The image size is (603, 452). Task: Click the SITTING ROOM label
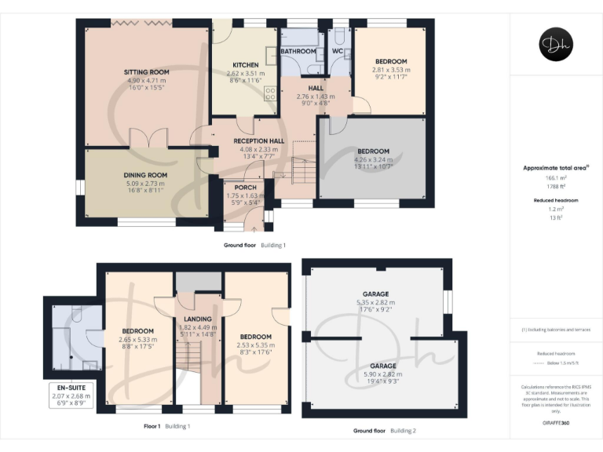click(147, 72)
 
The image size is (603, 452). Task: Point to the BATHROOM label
click(300, 51)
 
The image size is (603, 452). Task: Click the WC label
click(338, 51)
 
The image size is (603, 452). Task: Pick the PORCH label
click(241, 188)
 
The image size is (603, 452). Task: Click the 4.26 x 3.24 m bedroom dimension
click(373, 159)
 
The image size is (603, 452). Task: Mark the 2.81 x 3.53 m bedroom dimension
click(390, 70)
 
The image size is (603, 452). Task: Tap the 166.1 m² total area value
click(556, 179)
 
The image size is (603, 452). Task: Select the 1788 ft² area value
click(556, 187)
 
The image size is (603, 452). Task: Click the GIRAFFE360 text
click(556, 424)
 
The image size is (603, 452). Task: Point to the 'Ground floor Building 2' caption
click(385, 431)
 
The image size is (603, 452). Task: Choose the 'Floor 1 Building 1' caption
click(166, 426)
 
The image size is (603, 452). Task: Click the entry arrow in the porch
click(253, 228)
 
